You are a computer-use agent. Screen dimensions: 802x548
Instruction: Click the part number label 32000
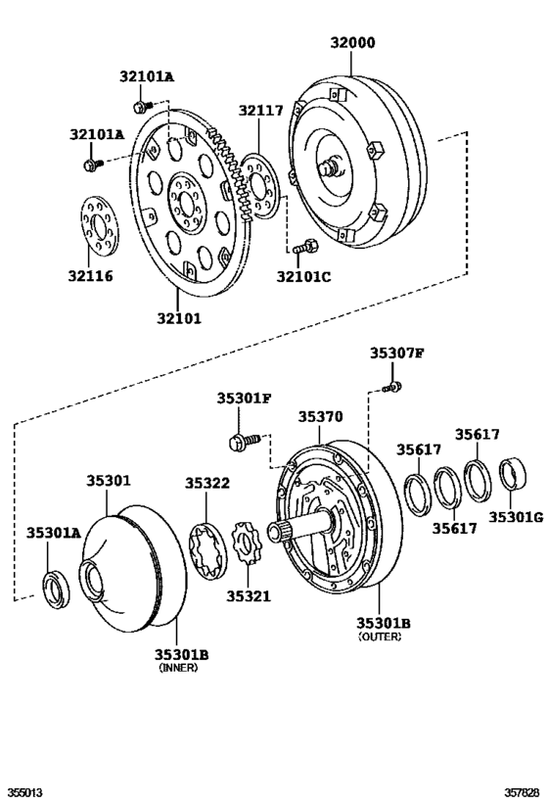pos(352,43)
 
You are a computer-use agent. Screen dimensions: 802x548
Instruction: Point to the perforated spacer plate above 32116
pos(97,227)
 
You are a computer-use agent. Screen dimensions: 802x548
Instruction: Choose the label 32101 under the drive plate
pos(180,317)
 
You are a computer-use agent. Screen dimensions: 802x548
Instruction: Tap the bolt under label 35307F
pos(392,388)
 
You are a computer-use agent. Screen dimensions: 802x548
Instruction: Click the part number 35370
pos(320,416)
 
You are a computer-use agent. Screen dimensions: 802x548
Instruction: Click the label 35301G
pos(516,516)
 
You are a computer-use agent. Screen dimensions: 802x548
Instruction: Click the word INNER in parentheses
pos(179,668)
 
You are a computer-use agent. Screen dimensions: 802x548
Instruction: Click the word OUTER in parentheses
pos(380,637)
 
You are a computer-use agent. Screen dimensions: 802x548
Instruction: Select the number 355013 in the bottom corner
pos(25,791)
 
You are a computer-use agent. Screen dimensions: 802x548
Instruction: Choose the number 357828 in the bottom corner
pos(522,791)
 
